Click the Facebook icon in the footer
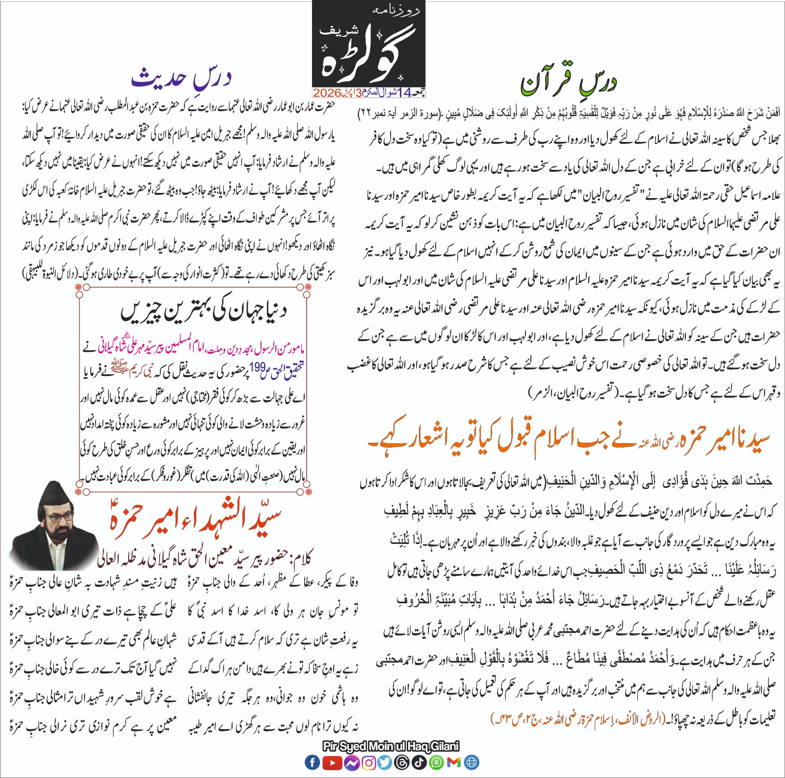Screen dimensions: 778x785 [x=312, y=762]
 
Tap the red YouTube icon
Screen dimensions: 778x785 [x=333, y=762]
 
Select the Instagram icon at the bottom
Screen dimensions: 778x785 [x=368, y=762]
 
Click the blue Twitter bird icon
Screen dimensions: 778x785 [x=385, y=762]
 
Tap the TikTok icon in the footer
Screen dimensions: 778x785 [x=419, y=762]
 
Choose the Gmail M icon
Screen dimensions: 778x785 [x=454, y=762]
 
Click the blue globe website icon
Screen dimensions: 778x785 [x=471, y=762]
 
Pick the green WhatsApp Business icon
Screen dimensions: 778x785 [x=437, y=762]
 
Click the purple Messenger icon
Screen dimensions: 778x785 [x=351, y=762]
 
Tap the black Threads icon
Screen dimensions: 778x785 [x=402, y=762]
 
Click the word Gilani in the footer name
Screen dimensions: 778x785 [x=445, y=747]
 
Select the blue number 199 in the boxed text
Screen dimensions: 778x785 [x=257, y=367]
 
